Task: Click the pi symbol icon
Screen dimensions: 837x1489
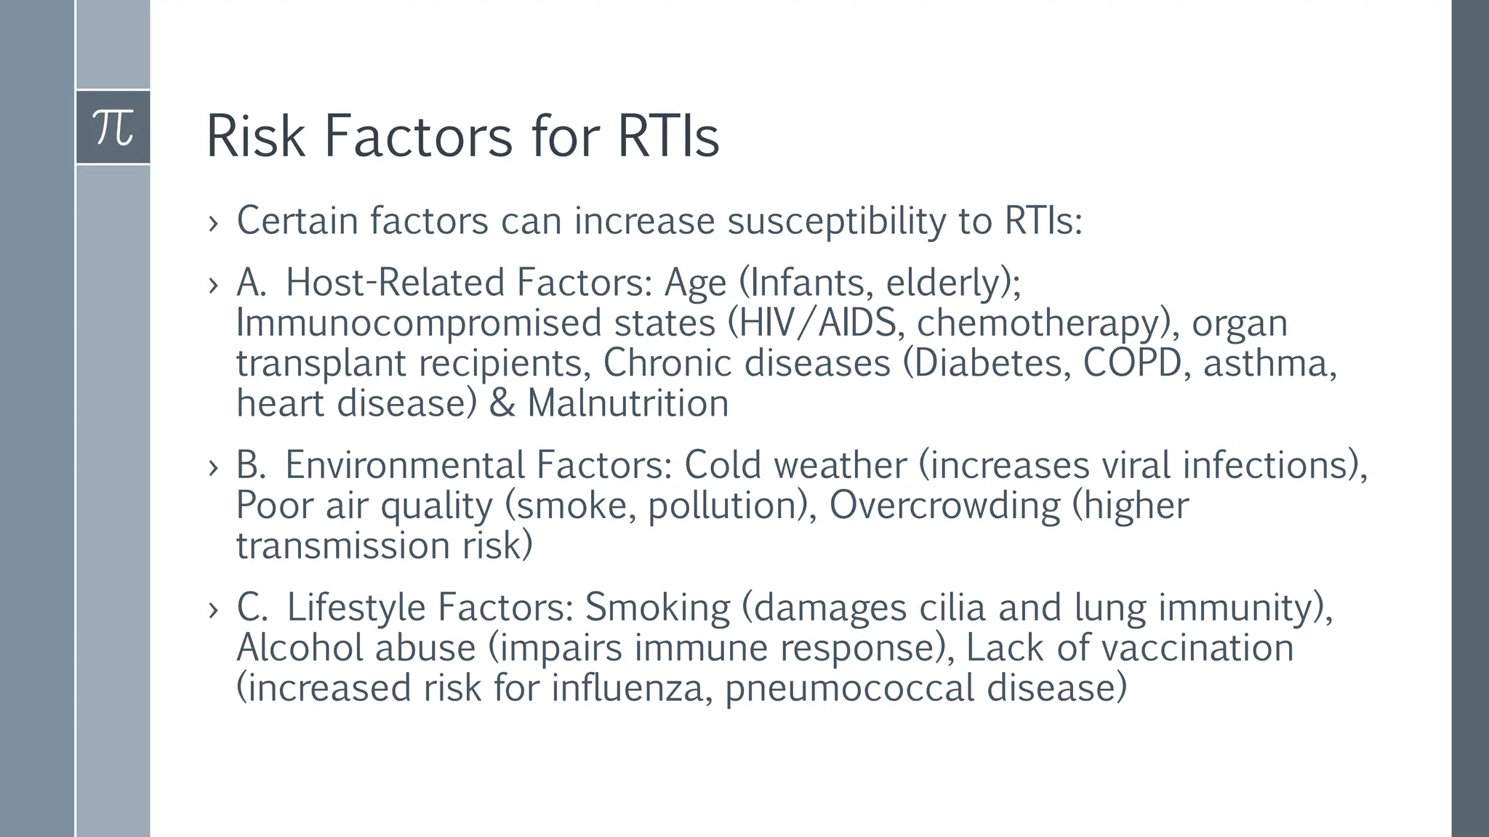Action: [x=113, y=127]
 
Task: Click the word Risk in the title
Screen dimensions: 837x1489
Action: [x=255, y=136]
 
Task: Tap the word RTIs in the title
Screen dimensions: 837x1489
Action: [x=668, y=136]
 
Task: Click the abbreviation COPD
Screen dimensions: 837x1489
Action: [x=1132, y=363]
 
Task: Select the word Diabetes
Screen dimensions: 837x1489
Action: [x=986, y=363]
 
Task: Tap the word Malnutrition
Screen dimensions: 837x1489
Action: [x=627, y=403]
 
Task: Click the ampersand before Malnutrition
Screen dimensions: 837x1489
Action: [x=502, y=403]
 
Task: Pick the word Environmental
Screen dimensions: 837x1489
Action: [x=404, y=465]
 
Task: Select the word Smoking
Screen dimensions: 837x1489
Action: [x=657, y=607]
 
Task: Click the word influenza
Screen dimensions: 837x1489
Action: [x=627, y=688]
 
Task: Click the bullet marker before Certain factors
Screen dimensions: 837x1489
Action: [x=213, y=223]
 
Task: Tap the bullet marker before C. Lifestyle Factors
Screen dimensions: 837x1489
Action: [x=213, y=610]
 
